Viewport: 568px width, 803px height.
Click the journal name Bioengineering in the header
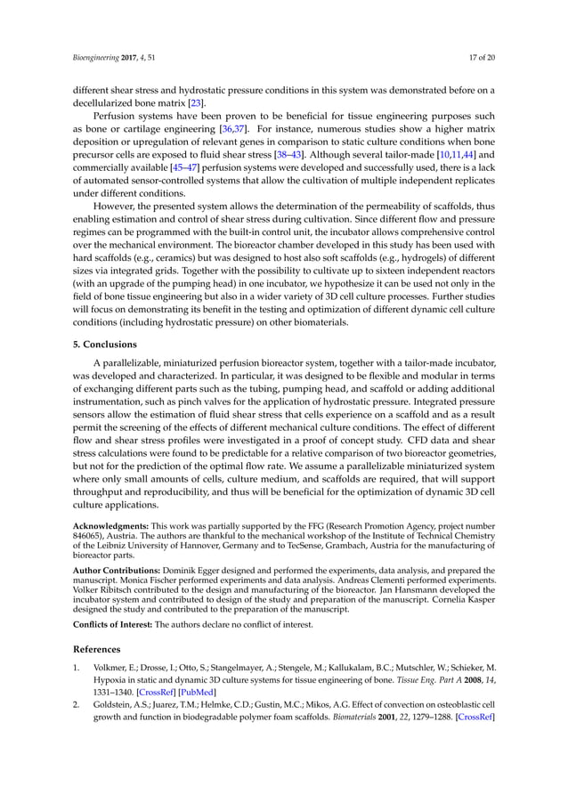click(x=96, y=59)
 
